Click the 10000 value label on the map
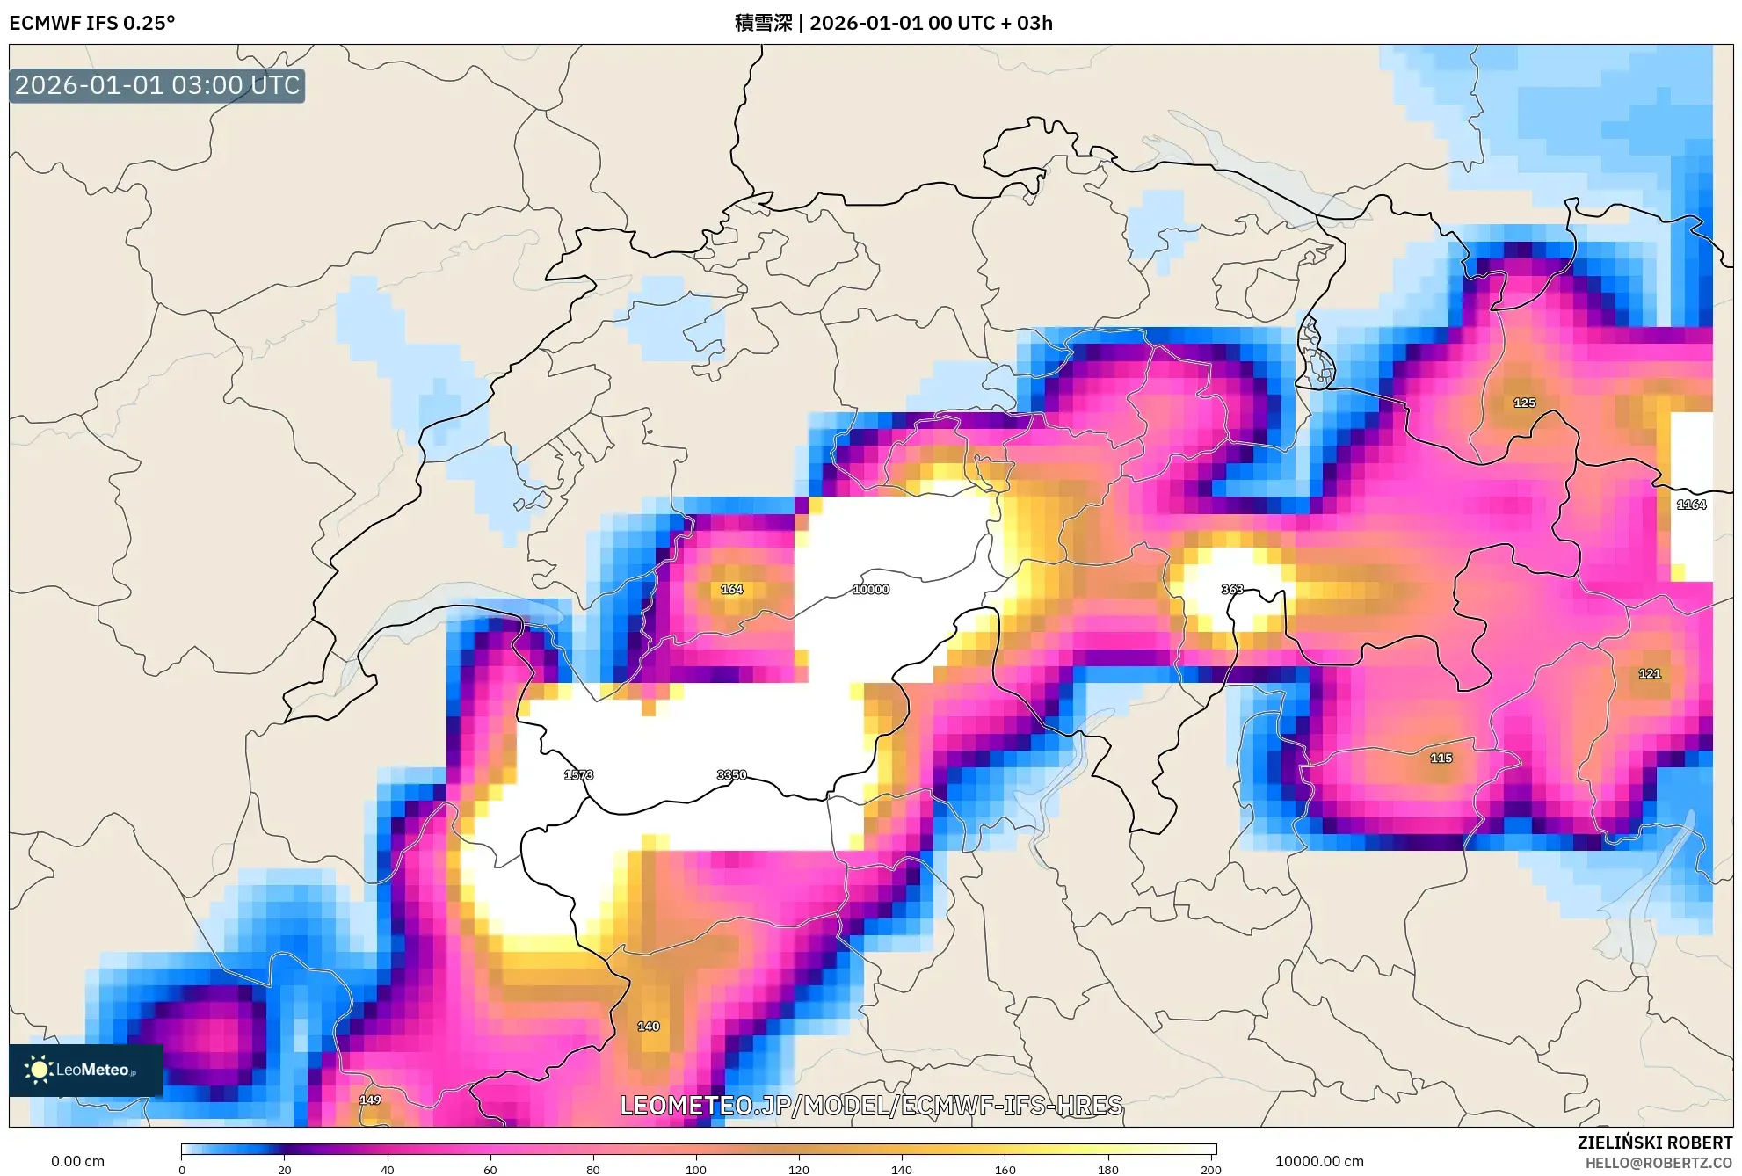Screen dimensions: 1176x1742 (871, 589)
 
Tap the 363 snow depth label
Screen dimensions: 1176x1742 (1232, 589)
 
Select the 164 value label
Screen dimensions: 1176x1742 (731, 589)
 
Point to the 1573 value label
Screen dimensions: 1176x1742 (578, 774)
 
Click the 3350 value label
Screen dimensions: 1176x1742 (731, 774)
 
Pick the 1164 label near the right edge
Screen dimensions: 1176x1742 (1691, 505)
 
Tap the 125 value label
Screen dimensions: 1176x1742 (1524, 403)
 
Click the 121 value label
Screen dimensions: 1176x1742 (1650, 673)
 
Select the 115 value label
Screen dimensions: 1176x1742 (1441, 758)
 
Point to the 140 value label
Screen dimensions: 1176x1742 (648, 1026)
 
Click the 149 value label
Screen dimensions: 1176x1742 (370, 1100)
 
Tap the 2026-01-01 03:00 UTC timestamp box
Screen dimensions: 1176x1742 (157, 85)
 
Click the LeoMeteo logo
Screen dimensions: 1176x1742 (85, 1070)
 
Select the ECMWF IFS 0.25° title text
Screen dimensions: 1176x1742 (92, 23)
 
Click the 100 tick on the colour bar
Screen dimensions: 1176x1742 (695, 1169)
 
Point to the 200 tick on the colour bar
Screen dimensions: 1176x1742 (1210, 1169)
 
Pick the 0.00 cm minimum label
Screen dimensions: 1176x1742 (77, 1161)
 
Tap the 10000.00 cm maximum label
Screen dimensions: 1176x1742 (1319, 1161)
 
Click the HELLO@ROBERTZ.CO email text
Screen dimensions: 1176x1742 (1659, 1163)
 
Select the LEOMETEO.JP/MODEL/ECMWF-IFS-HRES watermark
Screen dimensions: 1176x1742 (871, 1105)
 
